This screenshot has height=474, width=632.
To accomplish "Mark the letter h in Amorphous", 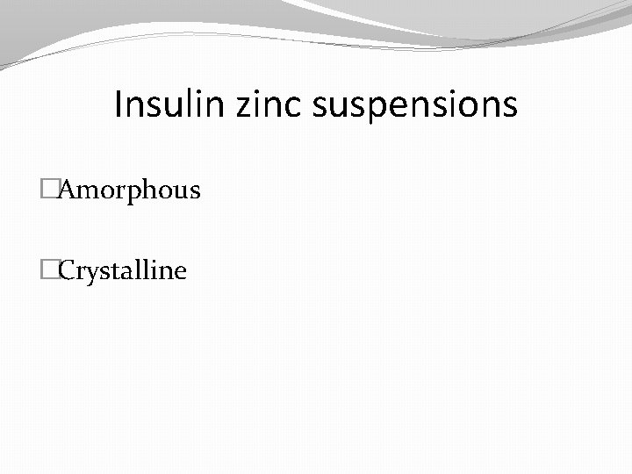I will pyautogui.click(x=158, y=190).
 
